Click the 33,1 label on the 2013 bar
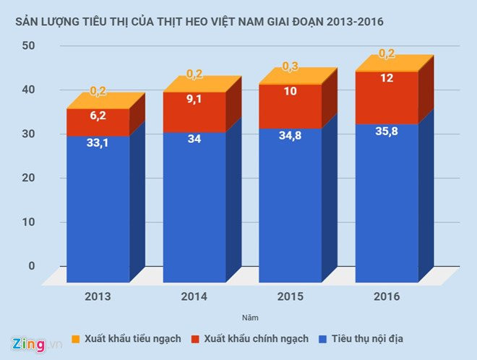(98, 144)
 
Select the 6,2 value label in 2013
(98, 116)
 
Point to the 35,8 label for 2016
(387, 132)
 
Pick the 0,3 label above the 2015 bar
(291, 67)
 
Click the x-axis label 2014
(194, 296)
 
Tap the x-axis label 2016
(387, 296)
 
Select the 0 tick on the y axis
(31, 266)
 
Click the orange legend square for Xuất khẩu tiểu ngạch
(76, 338)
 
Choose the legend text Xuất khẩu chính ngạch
(257, 338)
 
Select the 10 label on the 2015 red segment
(291, 92)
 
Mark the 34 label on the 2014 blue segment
(194, 140)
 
